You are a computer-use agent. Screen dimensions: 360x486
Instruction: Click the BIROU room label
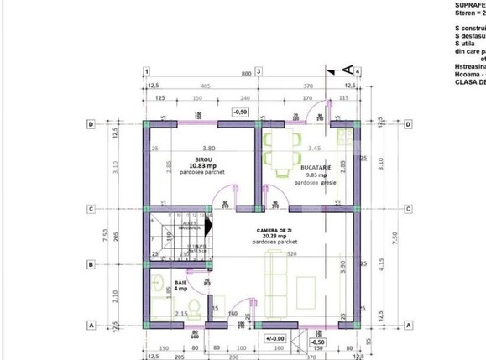click(x=202, y=159)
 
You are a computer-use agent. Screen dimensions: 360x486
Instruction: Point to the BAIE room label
click(x=180, y=283)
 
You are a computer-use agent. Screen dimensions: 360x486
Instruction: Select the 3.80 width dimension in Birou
click(x=197, y=149)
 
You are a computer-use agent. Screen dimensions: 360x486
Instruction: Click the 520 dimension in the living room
click(x=290, y=253)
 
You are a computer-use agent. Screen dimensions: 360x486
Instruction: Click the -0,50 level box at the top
click(x=240, y=110)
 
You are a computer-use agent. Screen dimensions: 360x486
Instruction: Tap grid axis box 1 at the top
click(x=146, y=72)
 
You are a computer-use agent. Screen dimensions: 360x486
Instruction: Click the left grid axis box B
click(x=90, y=265)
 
